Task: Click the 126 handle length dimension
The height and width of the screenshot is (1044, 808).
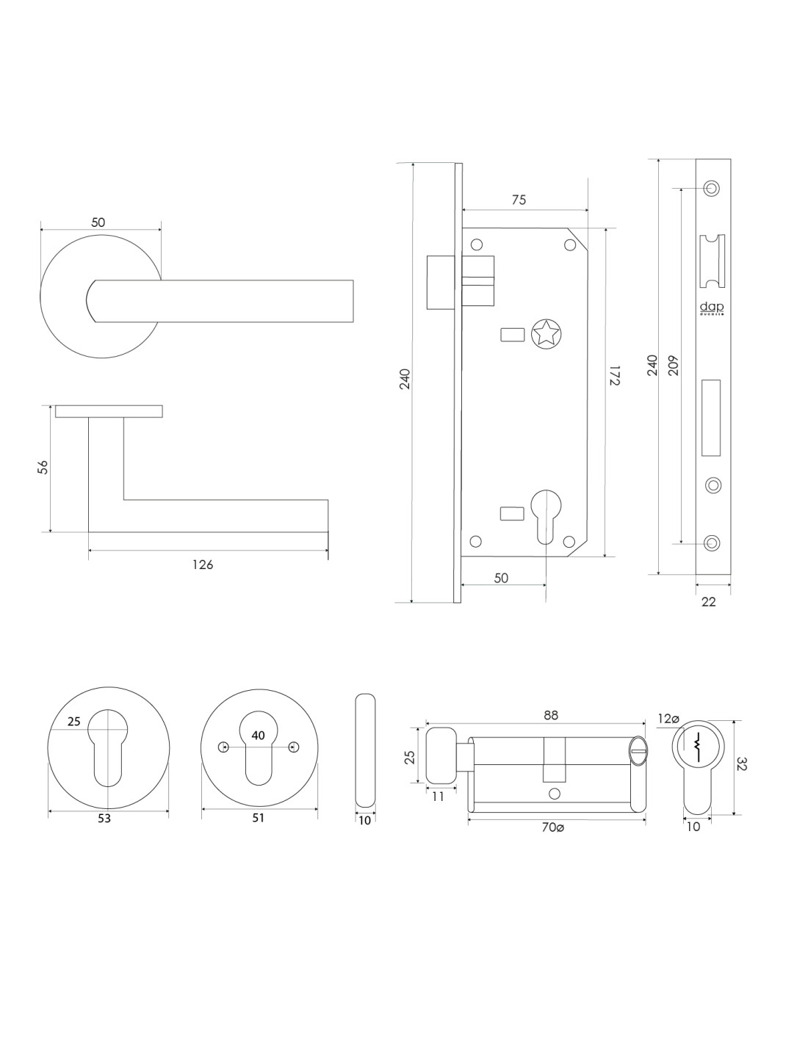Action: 203,565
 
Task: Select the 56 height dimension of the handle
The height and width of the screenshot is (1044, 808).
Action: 43,467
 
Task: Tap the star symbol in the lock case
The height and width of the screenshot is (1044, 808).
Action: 544,333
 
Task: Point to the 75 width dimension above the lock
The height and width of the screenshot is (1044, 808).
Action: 519,200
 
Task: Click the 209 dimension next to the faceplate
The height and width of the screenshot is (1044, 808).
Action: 674,365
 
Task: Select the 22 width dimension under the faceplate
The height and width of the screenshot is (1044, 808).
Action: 708,601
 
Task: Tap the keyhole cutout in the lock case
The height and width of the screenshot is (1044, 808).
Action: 544,507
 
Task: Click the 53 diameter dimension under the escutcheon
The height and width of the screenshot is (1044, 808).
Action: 104,818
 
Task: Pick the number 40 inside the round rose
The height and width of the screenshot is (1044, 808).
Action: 258,736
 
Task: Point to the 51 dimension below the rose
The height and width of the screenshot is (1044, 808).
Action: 258,818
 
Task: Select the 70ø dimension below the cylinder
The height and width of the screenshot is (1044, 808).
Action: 552,827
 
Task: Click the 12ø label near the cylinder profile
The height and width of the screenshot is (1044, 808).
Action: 668,719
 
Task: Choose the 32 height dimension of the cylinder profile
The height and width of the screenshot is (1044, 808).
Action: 741,766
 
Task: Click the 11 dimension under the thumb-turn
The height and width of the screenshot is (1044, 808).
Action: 438,797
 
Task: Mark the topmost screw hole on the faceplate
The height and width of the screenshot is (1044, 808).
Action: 711,187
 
